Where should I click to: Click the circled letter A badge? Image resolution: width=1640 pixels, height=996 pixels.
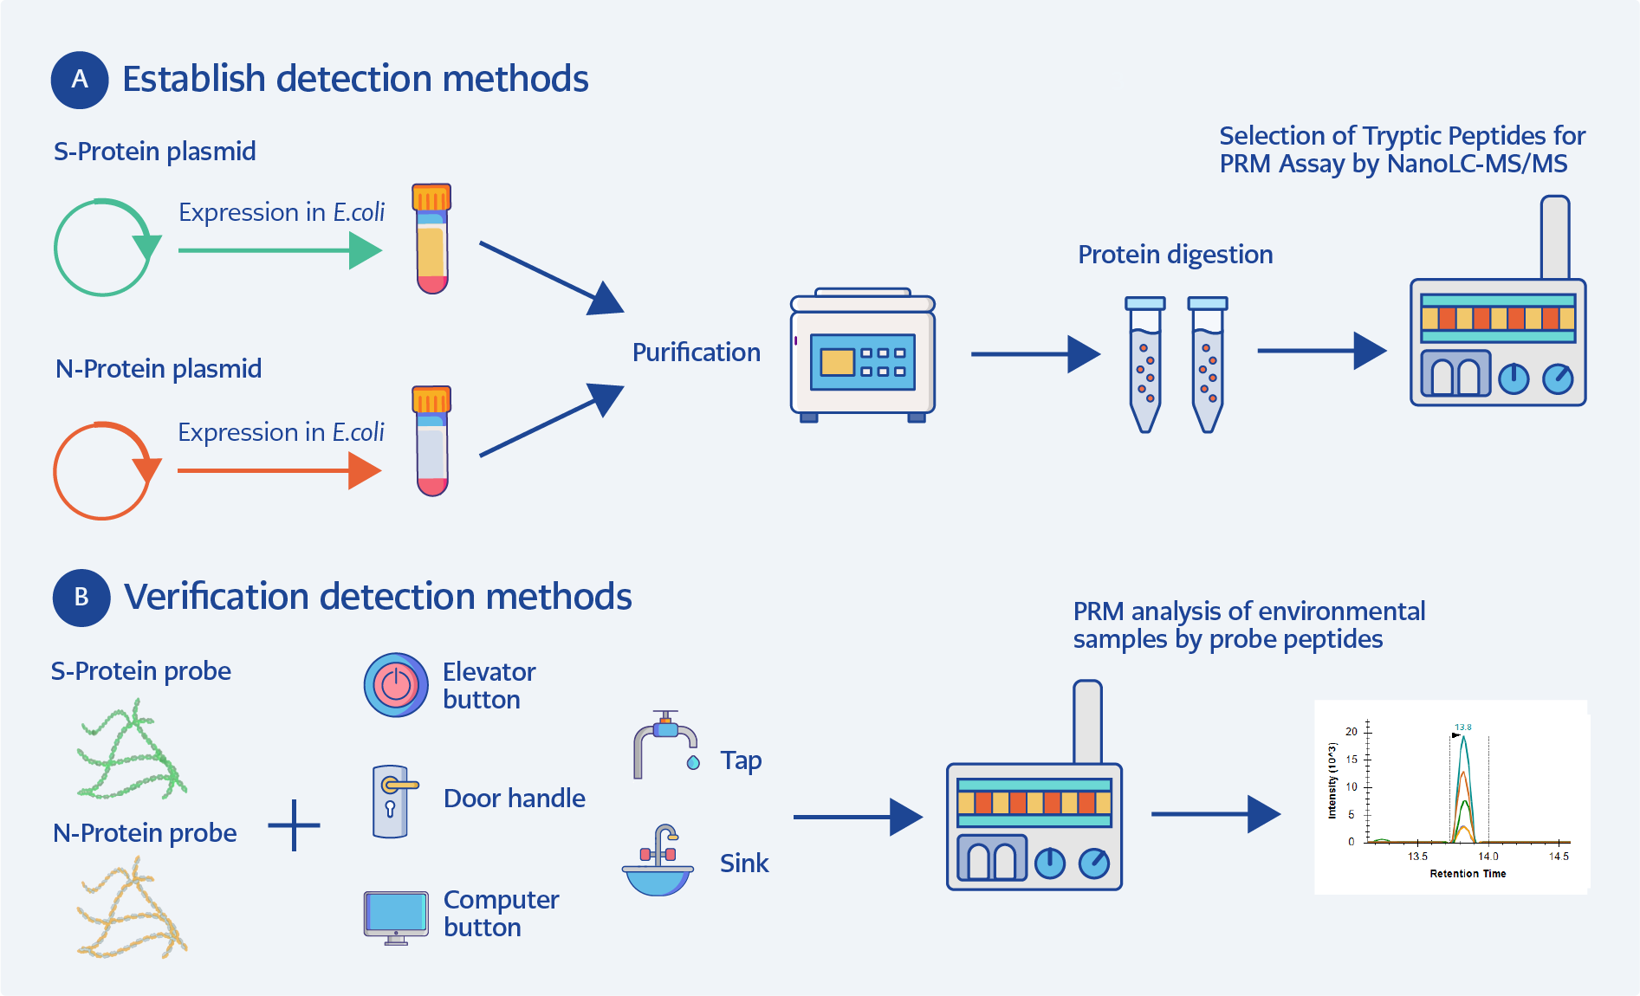(x=80, y=80)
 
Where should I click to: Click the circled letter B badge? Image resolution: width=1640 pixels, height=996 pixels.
(x=81, y=598)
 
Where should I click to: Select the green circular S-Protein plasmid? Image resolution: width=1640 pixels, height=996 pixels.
(x=103, y=249)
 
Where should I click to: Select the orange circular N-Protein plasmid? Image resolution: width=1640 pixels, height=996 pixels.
(x=103, y=471)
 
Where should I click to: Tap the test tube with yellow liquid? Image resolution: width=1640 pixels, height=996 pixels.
(x=431, y=240)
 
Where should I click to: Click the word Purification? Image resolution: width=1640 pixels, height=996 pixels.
(x=696, y=352)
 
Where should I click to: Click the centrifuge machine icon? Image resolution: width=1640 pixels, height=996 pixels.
(x=862, y=356)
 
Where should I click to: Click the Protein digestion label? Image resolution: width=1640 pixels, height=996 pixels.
(x=1175, y=255)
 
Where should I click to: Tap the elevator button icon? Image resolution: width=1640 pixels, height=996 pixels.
(x=396, y=685)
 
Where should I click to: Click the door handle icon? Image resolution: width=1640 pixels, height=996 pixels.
(x=392, y=801)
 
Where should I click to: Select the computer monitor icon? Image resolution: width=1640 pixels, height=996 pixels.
(x=396, y=916)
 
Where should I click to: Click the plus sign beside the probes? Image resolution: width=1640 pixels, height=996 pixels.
(x=295, y=825)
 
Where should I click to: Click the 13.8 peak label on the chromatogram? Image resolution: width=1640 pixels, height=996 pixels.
(x=1462, y=728)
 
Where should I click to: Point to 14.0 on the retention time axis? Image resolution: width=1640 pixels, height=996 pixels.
(x=1488, y=857)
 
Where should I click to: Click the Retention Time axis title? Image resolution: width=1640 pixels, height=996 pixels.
(x=1468, y=874)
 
